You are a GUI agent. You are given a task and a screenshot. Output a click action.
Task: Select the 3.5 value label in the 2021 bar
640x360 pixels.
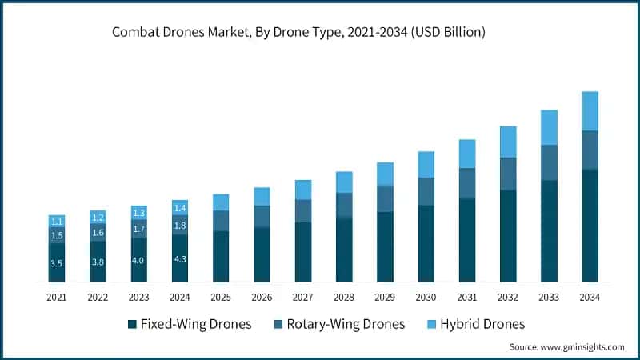click(x=57, y=262)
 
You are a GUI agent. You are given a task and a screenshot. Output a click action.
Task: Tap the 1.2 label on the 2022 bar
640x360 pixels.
click(x=98, y=218)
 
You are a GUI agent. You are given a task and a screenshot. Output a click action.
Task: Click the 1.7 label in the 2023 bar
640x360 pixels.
click(x=139, y=229)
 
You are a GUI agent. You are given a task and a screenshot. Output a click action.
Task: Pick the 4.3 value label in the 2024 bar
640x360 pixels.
click(x=180, y=259)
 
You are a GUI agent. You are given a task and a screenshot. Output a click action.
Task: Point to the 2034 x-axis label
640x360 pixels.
click(x=590, y=296)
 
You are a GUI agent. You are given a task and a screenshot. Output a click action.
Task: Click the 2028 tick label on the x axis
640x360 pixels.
click(x=344, y=296)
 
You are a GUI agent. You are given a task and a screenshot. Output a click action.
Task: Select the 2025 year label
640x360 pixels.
click(x=221, y=296)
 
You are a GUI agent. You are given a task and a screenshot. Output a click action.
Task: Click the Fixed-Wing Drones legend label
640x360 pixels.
click(x=196, y=324)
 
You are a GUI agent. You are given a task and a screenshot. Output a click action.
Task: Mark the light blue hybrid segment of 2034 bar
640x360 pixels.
click(x=590, y=110)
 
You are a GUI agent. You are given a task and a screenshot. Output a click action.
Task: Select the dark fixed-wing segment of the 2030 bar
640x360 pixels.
click(x=426, y=243)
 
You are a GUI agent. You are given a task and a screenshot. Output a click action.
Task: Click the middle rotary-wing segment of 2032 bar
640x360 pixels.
click(x=508, y=174)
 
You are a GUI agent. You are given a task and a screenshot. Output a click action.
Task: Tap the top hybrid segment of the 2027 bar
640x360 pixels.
click(x=303, y=190)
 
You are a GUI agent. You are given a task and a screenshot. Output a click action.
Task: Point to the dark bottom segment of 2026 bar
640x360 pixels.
click(x=262, y=254)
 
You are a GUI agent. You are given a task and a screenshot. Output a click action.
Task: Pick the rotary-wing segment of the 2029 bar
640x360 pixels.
click(x=385, y=198)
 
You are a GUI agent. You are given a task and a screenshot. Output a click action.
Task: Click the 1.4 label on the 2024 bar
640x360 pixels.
click(x=180, y=208)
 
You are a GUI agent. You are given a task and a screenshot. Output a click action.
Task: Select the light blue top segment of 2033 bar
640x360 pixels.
click(x=549, y=127)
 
